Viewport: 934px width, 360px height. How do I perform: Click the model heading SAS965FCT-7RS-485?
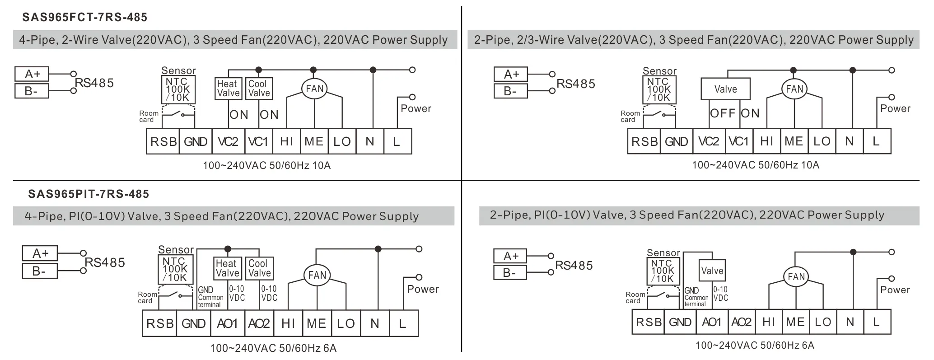tap(84, 18)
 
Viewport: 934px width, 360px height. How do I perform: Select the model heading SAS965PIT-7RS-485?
tap(89, 194)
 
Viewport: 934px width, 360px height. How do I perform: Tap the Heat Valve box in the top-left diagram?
tap(228, 89)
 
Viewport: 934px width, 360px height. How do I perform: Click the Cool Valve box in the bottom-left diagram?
tap(259, 268)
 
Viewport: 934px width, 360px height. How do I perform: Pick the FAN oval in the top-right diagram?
tap(794, 89)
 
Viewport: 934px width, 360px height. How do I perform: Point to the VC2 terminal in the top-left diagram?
tap(228, 142)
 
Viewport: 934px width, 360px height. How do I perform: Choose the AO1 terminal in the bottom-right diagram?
tap(711, 322)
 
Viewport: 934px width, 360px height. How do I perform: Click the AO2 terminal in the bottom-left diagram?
tap(259, 323)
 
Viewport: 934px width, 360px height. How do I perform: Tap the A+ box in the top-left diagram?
tap(32, 74)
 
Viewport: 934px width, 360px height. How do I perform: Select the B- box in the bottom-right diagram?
tap(510, 273)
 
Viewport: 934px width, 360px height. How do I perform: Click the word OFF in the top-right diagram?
tap(723, 113)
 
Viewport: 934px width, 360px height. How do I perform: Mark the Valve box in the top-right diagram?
tap(725, 89)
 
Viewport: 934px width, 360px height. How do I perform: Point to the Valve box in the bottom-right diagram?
tap(712, 271)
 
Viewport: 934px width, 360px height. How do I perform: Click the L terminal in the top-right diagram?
tap(876, 141)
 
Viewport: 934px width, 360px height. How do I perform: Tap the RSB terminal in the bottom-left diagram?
tap(160, 323)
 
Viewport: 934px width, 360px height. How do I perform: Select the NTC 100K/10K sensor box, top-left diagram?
tap(177, 90)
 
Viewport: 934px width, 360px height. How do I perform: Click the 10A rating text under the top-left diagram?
tap(321, 166)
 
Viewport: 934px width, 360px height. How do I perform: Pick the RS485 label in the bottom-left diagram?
tap(105, 262)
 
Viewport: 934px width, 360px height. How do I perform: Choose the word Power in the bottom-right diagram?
tap(895, 290)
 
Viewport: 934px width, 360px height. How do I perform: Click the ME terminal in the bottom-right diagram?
tap(795, 322)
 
